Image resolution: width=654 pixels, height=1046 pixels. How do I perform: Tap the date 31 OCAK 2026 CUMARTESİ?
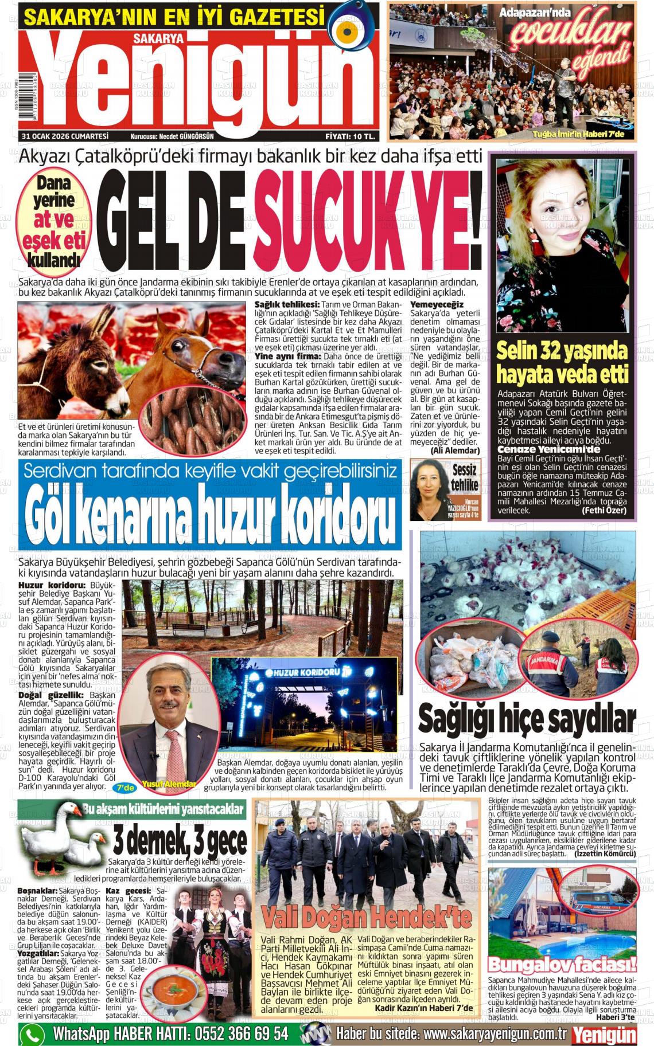click(x=65, y=136)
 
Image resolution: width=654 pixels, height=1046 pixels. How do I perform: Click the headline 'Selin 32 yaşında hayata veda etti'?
click(x=562, y=362)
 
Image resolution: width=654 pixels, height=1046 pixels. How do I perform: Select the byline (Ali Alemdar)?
click(x=455, y=451)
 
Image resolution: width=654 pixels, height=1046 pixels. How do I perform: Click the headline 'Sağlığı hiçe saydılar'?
click(x=527, y=720)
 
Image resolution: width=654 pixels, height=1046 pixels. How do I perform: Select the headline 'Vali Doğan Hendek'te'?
click(x=366, y=916)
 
